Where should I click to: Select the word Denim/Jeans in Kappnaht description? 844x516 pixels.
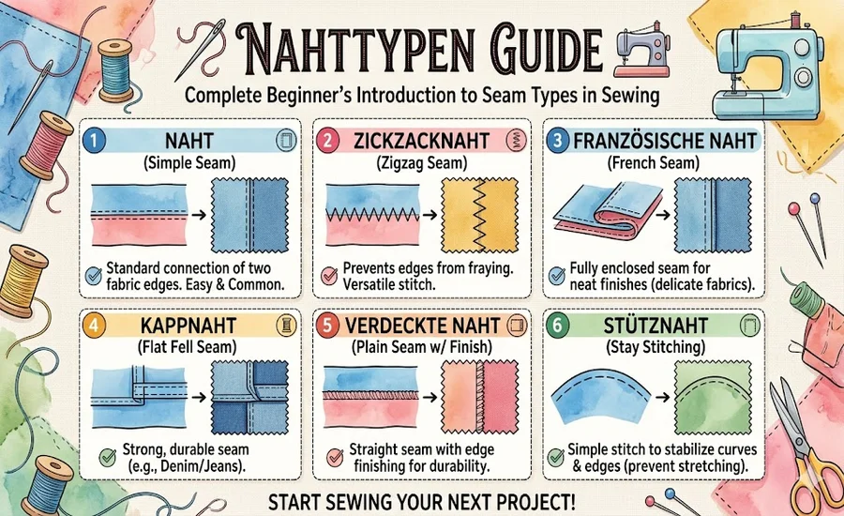click(212, 466)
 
